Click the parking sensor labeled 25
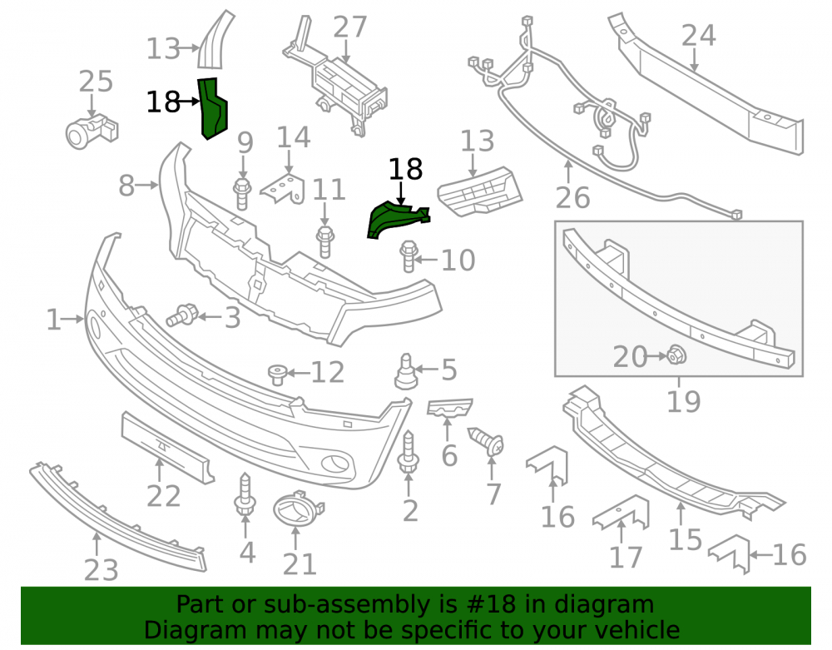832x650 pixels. point(92,131)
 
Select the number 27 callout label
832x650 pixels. point(350,27)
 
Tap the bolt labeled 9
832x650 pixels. point(242,194)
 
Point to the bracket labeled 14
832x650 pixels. point(283,188)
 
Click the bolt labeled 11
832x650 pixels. point(324,241)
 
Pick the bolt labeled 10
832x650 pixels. point(408,256)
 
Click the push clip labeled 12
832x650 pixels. point(278,375)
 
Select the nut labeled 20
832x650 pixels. point(676,355)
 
